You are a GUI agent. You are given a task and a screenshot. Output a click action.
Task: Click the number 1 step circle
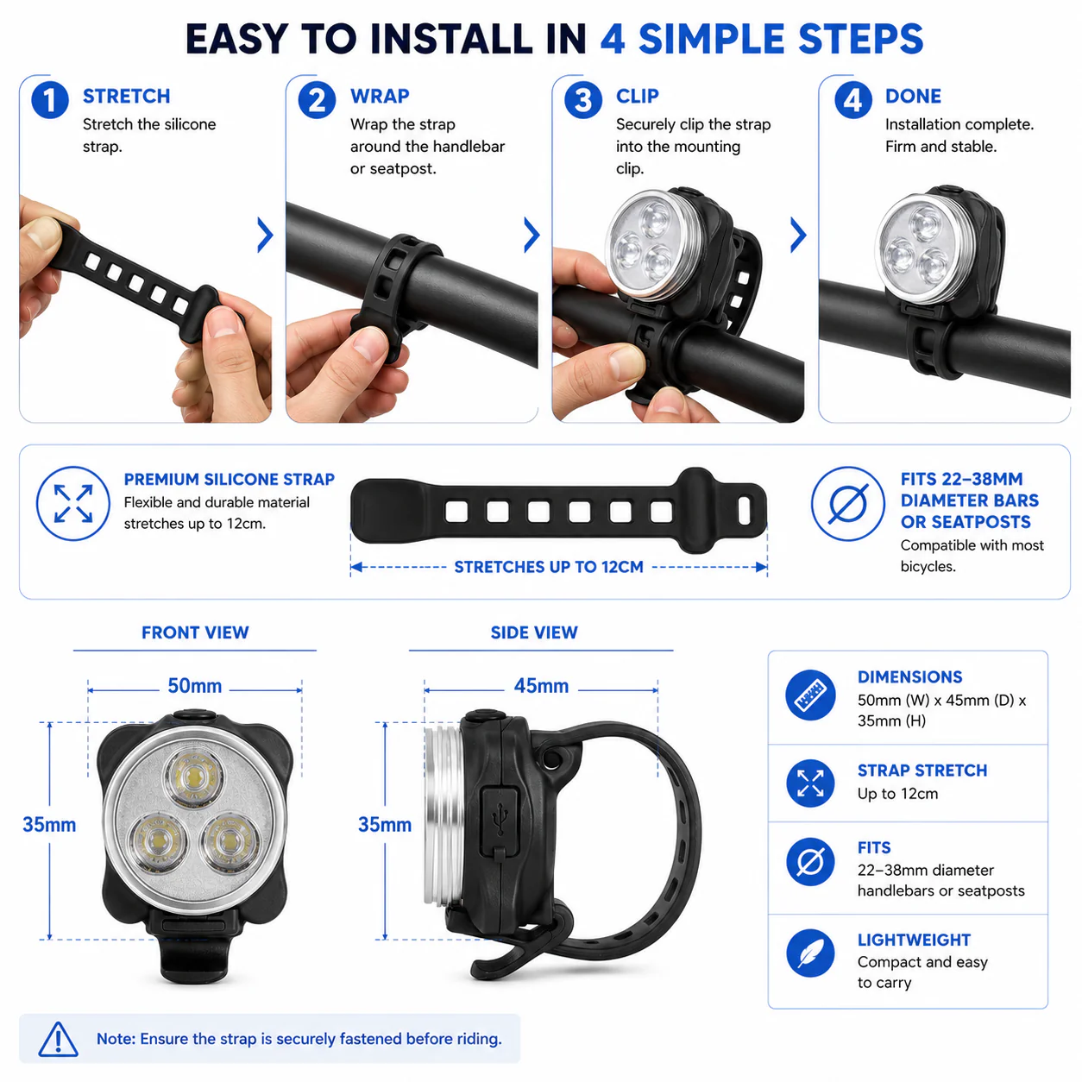[49, 100]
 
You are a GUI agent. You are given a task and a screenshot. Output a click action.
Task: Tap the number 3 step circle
[582, 100]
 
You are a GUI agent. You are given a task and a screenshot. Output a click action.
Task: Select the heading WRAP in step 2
[380, 96]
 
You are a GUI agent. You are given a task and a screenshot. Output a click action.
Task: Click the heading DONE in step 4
[913, 96]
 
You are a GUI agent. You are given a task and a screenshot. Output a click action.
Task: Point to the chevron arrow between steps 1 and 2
[265, 235]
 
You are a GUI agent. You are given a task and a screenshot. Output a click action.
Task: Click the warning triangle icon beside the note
[58, 1039]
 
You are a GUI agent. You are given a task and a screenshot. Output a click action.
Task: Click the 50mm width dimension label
[195, 686]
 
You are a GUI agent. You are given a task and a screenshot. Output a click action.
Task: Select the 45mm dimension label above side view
[541, 686]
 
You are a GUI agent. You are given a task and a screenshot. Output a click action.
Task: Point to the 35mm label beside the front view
[49, 824]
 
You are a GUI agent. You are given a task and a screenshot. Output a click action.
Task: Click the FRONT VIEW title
[195, 632]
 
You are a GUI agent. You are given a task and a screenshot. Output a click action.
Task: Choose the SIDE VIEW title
[534, 632]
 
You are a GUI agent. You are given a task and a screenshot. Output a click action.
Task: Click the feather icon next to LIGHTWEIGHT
[810, 953]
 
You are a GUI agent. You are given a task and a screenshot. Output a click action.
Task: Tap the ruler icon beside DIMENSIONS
[810, 695]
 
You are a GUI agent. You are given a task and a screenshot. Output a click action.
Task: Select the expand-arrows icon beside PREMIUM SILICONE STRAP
[73, 503]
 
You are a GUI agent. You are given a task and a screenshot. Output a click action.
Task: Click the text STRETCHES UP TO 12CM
[549, 567]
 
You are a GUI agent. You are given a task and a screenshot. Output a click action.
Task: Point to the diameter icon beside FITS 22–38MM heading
[848, 503]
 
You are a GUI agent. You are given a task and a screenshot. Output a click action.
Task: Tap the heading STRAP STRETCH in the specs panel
[922, 771]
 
